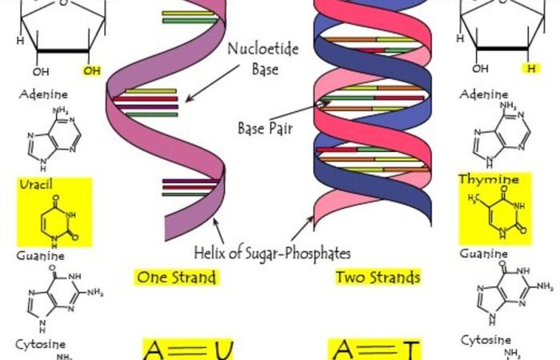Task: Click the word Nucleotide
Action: [263, 49]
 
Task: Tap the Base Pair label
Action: [266, 128]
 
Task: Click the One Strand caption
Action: [177, 278]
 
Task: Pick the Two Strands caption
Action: [378, 277]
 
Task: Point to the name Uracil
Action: [36, 184]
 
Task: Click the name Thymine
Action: [489, 179]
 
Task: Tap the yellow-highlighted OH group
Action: [92, 70]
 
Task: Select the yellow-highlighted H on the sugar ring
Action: [531, 68]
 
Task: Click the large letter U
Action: [224, 350]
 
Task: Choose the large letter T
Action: [410, 350]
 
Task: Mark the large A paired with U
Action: [154, 350]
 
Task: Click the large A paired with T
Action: [343, 350]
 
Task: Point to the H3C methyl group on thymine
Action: [474, 198]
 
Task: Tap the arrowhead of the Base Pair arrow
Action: [326, 103]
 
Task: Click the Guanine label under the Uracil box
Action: [41, 256]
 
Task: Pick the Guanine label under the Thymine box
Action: [483, 254]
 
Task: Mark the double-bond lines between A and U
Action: [189, 350]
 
